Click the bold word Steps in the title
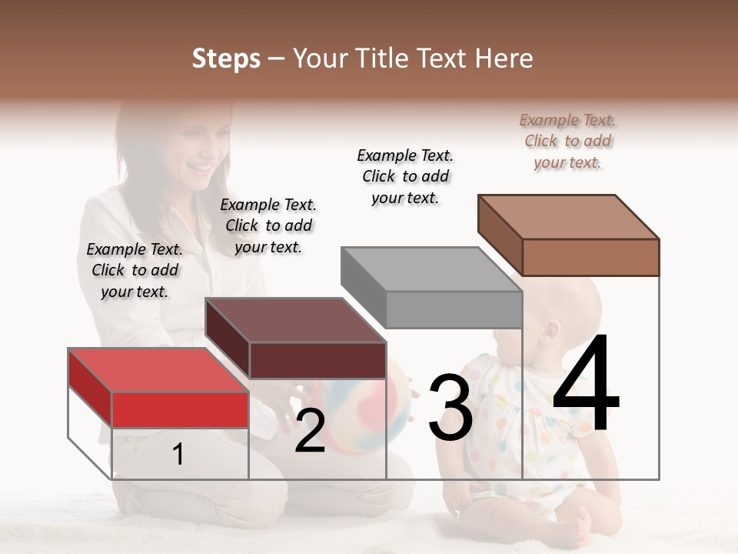[226, 58]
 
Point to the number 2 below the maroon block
[310, 431]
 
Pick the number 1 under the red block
[178, 455]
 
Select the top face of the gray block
[430, 269]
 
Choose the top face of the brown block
[568, 217]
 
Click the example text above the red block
[135, 270]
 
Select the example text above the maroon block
[268, 225]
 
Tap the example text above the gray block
[405, 176]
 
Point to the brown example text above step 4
[567, 141]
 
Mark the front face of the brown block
[590, 257]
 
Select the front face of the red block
[180, 409]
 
